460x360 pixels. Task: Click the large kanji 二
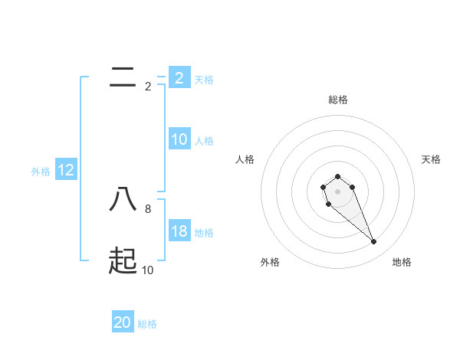coord(123,77)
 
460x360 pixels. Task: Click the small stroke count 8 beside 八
coord(148,208)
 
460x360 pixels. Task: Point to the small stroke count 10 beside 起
coord(148,270)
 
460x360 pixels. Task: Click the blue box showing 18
coord(179,231)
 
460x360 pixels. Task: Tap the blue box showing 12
coord(66,170)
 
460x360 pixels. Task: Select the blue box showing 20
coord(123,322)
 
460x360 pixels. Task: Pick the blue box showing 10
coord(179,139)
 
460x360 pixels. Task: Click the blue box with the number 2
coord(179,77)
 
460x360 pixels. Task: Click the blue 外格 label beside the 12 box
coord(41,172)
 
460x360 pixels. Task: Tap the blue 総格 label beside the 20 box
coord(147,324)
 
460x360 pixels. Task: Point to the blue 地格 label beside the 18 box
coord(204,232)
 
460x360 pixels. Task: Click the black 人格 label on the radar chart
coord(245,159)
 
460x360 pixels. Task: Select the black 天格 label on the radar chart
coord(431,159)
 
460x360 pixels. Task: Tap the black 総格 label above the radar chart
coord(338,100)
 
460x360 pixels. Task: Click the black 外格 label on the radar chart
coord(270,262)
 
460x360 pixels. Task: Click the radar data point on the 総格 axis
coord(337,176)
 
